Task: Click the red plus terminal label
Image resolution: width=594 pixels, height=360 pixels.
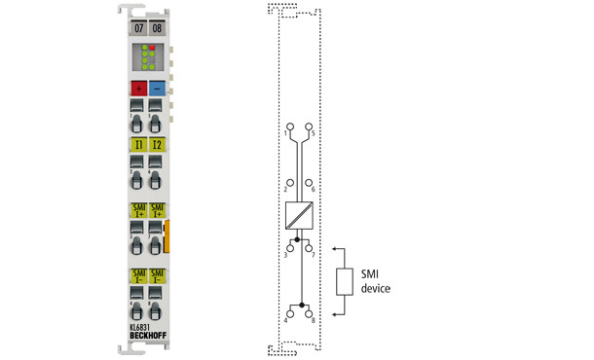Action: [x=137, y=88]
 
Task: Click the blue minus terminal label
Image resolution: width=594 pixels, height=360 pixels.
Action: [x=158, y=88]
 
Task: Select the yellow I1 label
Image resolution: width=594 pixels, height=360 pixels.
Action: [x=137, y=145]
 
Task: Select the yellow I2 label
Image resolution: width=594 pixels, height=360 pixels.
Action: [x=158, y=145]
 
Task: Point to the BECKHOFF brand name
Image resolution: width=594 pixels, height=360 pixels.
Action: [x=148, y=337]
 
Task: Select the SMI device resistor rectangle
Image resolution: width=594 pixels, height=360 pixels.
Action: [x=344, y=281]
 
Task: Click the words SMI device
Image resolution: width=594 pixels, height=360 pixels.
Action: [x=376, y=282]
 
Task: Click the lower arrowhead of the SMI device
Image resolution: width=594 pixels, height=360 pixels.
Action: [x=334, y=313]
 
